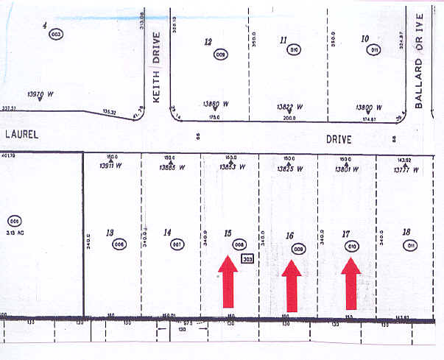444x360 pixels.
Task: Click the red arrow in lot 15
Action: coord(228,281)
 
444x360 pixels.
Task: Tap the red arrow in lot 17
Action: coord(351,283)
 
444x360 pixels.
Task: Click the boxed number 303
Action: coord(247,259)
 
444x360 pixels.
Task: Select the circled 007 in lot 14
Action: coord(177,244)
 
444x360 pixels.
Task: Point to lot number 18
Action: coord(406,232)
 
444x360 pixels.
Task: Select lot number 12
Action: coord(208,42)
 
